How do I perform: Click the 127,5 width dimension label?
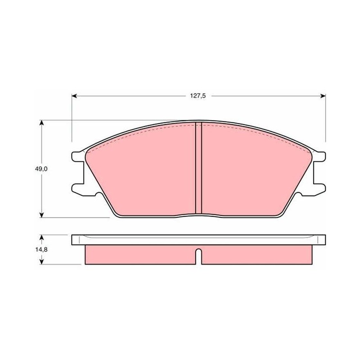pos(198,96)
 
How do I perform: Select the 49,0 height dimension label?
pos(41,169)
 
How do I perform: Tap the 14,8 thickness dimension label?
pos(41,250)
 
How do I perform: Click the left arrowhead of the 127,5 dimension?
pos(74,96)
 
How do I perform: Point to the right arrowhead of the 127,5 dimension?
pos(323,96)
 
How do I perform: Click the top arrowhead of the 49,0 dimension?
pos(41,122)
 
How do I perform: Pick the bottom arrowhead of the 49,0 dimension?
pos(41,215)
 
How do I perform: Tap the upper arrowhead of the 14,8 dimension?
pos(41,237)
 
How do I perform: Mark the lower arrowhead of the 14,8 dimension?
pos(41,262)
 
